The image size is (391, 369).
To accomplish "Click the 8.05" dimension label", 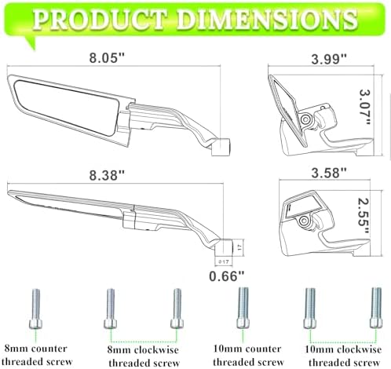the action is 106,57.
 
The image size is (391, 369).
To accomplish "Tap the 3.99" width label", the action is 329,59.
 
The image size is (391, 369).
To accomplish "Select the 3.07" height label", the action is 364,107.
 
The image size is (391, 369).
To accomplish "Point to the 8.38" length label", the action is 107,175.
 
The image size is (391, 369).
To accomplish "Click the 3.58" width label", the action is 329,174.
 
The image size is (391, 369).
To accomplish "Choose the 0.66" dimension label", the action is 227,276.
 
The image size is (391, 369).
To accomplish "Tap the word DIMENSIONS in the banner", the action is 267,19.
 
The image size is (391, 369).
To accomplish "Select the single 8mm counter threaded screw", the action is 35,309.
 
